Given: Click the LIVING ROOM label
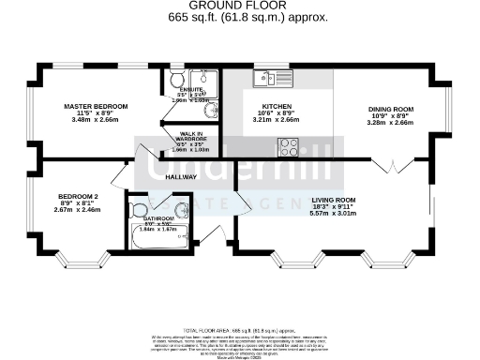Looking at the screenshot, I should click(x=333, y=200).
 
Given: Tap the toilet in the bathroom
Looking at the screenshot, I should click(x=141, y=210).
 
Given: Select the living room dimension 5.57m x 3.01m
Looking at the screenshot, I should click(x=333, y=215).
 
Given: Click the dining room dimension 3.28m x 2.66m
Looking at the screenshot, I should click(x=390, y=122).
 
